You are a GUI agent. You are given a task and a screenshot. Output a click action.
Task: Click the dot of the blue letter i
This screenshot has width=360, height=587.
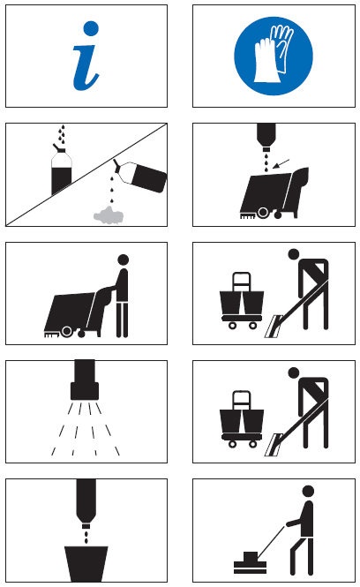point(91,28)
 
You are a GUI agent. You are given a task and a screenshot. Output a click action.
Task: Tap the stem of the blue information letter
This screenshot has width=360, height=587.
point(86,68)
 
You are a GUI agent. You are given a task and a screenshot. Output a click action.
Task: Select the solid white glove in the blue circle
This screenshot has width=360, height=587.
point(266,61)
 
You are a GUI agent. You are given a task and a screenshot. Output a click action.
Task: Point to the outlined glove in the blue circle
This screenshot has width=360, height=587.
point(282,47)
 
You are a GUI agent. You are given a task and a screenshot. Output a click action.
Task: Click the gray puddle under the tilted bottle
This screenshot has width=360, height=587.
point(109,215)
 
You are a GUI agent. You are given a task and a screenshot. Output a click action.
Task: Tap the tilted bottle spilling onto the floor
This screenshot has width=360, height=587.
point(141,177)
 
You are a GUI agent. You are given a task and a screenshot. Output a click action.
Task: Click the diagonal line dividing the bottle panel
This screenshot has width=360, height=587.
point(86,175)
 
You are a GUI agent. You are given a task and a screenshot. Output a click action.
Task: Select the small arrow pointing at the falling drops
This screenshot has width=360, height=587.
point(281,163)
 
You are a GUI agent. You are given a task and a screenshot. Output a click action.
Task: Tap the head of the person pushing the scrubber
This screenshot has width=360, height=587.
point(124,260)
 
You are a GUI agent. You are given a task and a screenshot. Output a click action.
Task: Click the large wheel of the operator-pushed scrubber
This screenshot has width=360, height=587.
point(67,331)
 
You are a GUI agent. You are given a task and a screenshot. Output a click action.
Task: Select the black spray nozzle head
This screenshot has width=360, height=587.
point(85,380)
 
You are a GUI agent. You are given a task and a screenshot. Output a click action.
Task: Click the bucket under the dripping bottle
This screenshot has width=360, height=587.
point(86,564)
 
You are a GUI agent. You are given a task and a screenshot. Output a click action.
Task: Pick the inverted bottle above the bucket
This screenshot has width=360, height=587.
point(86,501)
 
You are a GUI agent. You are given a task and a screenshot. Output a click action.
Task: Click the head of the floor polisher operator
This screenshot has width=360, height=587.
point(308,491)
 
